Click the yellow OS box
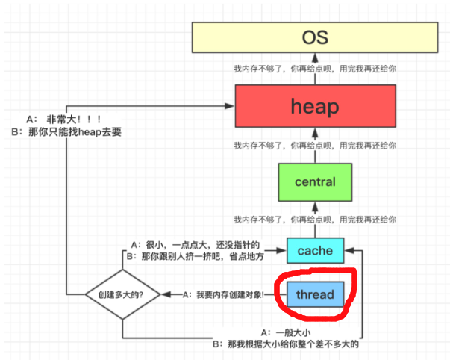[x=315, y=37]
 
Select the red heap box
[x=316, y=106]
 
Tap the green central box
[x=315, y=182]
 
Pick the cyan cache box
[x=316, y=250]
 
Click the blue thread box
[x=316, y=294]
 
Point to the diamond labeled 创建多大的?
[x=122, y=294]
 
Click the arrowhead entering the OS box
[x=315, y=58]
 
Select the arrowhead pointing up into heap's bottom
[x=315, y=133]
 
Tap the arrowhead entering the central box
[x=315, y=207]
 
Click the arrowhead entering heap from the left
[x=230, y=106]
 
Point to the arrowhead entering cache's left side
[x=281, y=250]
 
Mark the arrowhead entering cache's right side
[x=349, y=250]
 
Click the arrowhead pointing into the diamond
[x=166, y=294]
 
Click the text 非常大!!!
[x=74, y=119]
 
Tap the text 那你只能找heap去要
[x=75, y=132]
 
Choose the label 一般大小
[x=293, y=332]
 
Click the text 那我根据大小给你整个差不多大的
[x=293, y=344]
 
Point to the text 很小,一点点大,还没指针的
[x=202, y=245]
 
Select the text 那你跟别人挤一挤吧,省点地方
[x=203, y=256]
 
